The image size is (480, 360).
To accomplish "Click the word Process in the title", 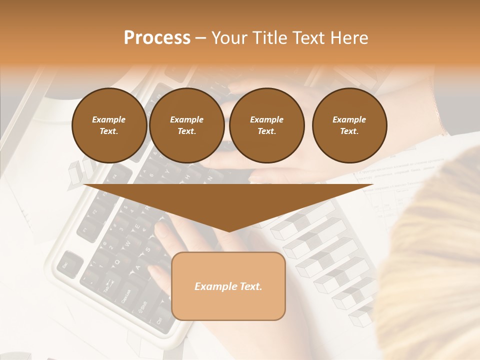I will (x=157, y=38).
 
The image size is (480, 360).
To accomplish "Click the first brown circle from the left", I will (x=109, y=125).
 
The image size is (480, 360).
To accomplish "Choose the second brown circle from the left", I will (x=186, y=125).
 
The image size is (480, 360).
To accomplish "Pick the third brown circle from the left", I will (x=266, y=125).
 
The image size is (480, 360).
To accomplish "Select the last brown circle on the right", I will (x=349, y=125).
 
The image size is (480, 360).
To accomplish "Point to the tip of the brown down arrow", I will (x=228, y=230).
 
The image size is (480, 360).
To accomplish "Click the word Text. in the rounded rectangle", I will (x=249, y=286).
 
